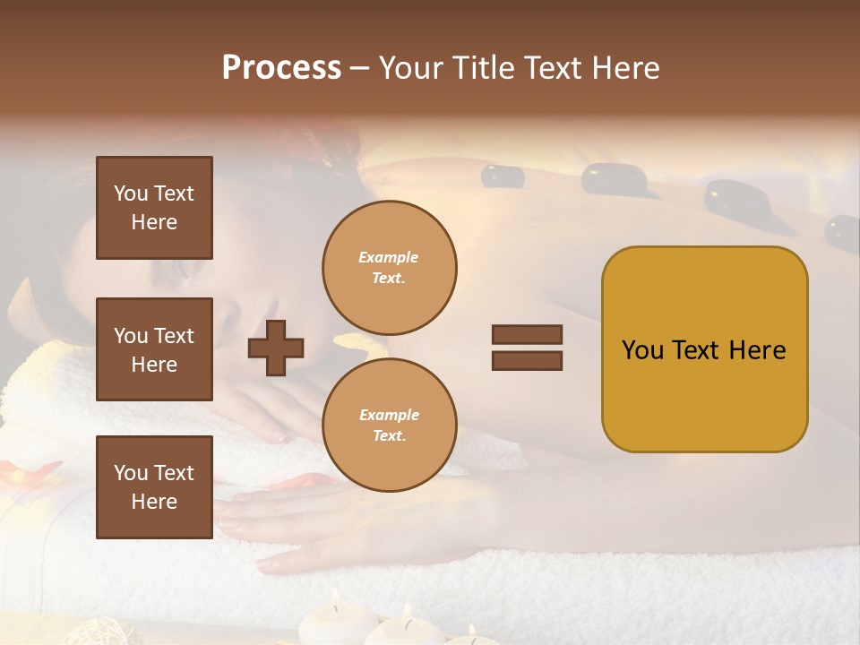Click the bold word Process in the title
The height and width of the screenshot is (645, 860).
click(281, 68)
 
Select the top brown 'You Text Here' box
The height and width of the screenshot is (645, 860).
click(154, 208)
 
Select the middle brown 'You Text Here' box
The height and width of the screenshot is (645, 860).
click(154, 349)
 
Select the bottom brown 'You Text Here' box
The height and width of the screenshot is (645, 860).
click(154, 486)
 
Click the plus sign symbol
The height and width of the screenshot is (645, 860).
click(276, 348)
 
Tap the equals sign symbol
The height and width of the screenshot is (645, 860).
click(527, 348)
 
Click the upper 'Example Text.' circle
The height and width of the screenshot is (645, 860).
click(389, 268)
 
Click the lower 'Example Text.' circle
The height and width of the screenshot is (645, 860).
click(389, 426)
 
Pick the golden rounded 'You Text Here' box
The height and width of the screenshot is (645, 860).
click(704, 349)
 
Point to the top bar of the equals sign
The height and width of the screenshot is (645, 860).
click(527, 334)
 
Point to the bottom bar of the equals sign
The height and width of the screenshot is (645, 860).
click(527, 361)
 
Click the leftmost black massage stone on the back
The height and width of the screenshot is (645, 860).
click(503, 176)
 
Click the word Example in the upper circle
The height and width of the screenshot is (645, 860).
click(389, 257)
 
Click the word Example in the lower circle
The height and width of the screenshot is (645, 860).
click(389, 415)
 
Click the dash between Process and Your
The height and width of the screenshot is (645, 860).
click(359, 69)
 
